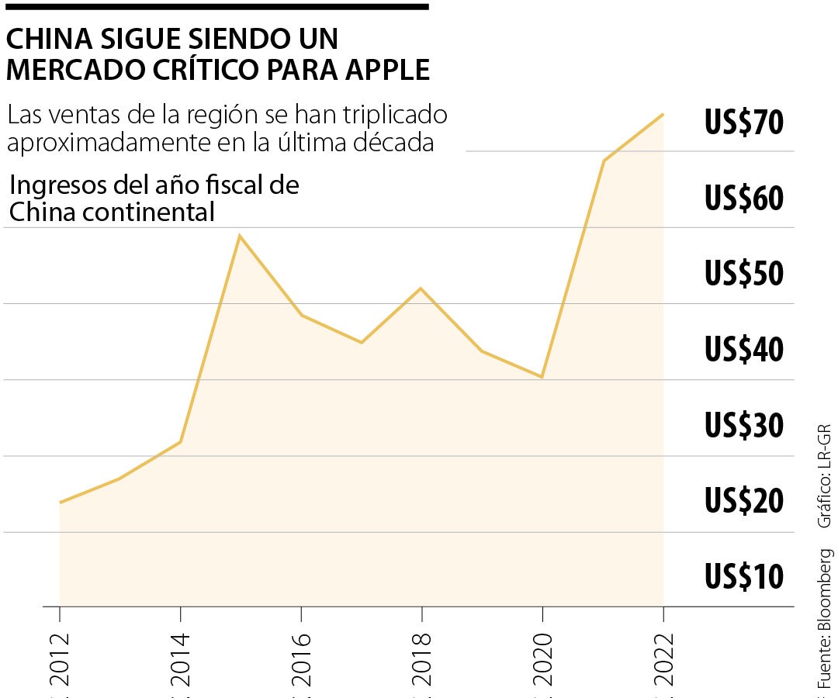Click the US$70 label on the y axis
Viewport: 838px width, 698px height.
coord(744,123)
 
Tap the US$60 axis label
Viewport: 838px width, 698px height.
coord(744,199)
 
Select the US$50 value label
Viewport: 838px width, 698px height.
coord(744,274)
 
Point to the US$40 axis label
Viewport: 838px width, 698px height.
coord(744,350)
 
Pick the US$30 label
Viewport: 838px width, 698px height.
coord(744,425)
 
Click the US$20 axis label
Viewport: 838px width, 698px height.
coord(744,501)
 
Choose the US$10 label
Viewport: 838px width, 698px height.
coord(744,576)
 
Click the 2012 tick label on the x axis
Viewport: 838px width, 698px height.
coord(60,659)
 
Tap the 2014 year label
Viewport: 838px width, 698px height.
coord(181,659)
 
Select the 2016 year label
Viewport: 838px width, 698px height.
coord(301,659)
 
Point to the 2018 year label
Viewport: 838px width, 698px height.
coord(421,659)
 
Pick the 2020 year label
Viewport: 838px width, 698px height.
coord(542,659)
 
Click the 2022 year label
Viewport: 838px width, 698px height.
coord(663,659)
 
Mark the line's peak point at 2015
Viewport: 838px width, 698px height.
coord(241,235)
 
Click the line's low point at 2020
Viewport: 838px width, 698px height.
coord(542,377)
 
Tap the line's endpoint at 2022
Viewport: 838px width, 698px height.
coord(663,115)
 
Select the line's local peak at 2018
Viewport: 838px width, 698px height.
coord(421,289)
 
